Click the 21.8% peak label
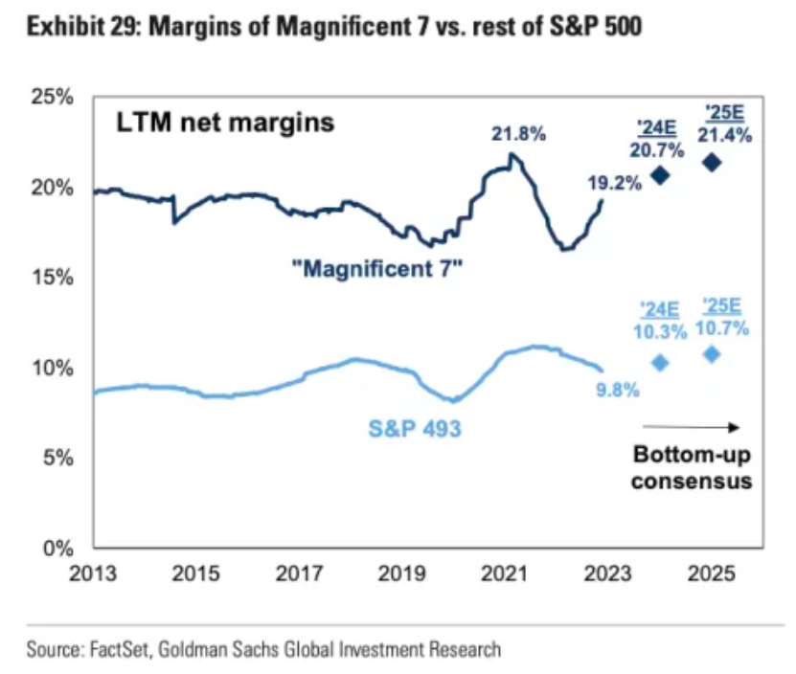click(x=519, y=135)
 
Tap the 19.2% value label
click(x=613, y=181)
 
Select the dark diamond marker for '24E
click(x=660, y=175)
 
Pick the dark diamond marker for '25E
click(x=712, y=163)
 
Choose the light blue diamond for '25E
click(x=712, y=354)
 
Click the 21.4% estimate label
click(x=724, y=136)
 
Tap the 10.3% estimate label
click(x=661, y=333)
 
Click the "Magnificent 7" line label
click(x=377, y=269)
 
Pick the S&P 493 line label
click(x=415, y=429)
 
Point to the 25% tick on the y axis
click(x=57, y=98)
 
